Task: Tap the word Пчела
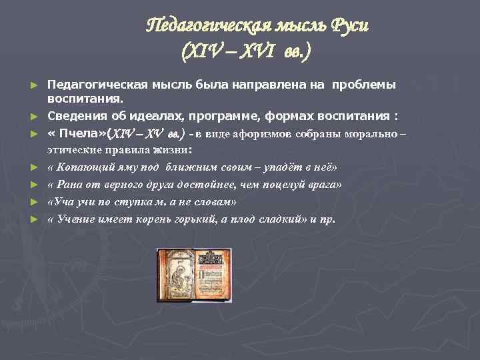pos(81,133)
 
